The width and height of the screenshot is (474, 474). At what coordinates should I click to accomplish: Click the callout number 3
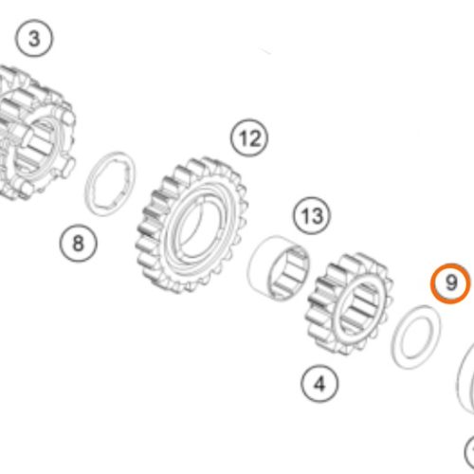point(34,39)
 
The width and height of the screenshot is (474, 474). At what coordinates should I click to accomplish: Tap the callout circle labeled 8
point(78,243)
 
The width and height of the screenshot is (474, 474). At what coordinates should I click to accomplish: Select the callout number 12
point(249,138)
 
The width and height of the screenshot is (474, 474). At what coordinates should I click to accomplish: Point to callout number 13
point(312,216)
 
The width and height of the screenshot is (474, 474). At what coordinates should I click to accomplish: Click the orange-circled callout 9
point(450,283)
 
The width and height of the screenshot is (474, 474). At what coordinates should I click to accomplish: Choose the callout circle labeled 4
point(319,384)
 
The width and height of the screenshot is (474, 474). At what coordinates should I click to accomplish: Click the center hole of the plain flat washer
point(415,337)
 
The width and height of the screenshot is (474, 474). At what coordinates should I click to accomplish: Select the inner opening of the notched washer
point(111,184)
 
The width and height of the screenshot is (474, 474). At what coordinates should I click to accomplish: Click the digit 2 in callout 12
point(255,138)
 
